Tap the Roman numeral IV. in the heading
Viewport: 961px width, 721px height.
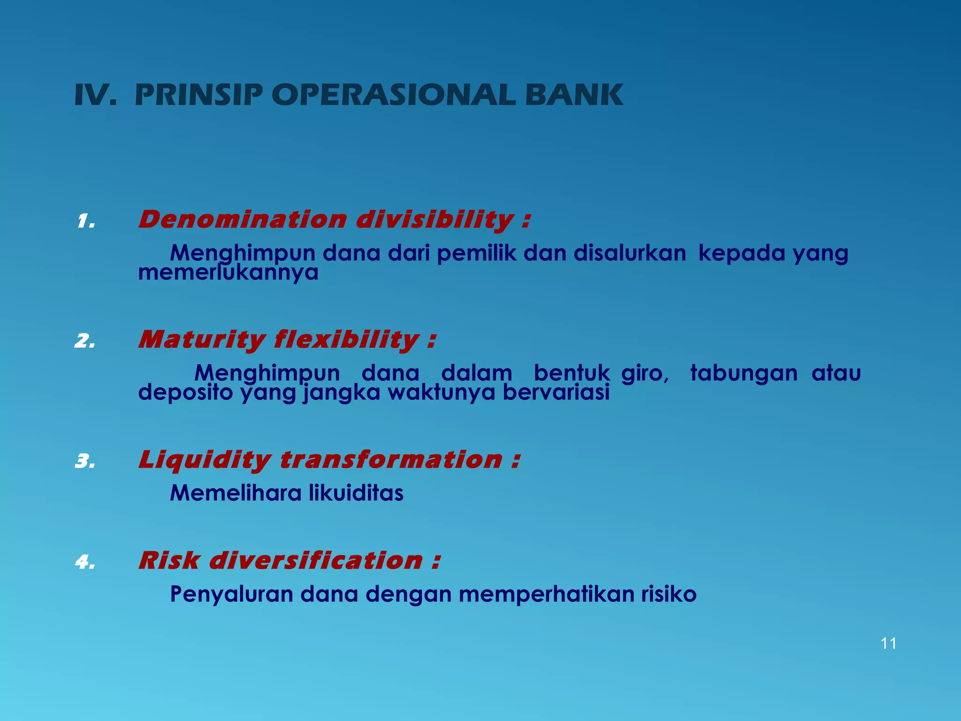pyautogui.click(x=95, y=95)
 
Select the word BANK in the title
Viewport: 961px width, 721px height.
pyautogui.click(x=573, y=95)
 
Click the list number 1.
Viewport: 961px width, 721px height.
pyautogui.click(x=86, y=221)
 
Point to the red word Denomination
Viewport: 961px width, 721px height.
pyautogui.click(x=242, y=219)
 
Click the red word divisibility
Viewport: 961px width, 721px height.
pyautogui.click(x=435, y=219)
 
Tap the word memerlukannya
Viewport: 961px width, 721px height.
pyautogui.click(x=228, y=273)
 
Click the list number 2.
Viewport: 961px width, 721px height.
pyautogui.click(x=85, y=341)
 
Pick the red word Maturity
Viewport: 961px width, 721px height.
pyautogui.click(x=202, y=339)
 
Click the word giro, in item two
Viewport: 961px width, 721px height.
pyautogui.click(x=645, y=373)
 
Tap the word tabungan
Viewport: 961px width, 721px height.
pyautogui.click(x=744, y=373)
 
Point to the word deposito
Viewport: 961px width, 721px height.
pyautogui.click(x=185, y=392)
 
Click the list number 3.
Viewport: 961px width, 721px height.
pyautogui.click(x=85, y=461)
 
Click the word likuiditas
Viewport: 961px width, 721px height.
pyautogui.click(x=356, y=493)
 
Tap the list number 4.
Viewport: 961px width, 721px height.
pyautogui.click(x=85, y=562)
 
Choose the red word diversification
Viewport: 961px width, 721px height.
pyautogui.click(x=315, y=560)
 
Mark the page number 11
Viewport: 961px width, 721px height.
pyautogui.click(x=888, y=643)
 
